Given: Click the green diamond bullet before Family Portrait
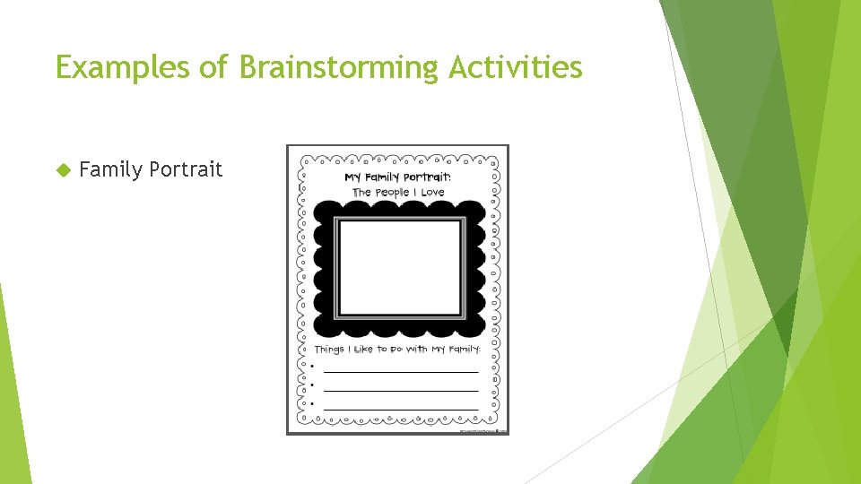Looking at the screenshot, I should [63, 169].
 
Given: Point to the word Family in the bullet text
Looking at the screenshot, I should [111, 169].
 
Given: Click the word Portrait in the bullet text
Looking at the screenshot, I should [187, 169].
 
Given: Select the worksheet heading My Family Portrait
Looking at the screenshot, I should [398, 177].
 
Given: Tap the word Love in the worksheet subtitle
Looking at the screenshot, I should [433, 192].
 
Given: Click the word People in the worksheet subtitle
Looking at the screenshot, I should [392, 192].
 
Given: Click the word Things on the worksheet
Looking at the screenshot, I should [329, 349].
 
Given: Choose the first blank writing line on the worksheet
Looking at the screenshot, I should [400, 370].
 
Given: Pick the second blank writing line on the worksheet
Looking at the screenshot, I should [400, 389].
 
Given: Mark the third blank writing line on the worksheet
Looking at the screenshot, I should [400, 408].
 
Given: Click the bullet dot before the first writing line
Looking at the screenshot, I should [311, 367].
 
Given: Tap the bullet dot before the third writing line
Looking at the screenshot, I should [311, 404].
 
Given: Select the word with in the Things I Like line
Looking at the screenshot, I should [416, 349].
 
